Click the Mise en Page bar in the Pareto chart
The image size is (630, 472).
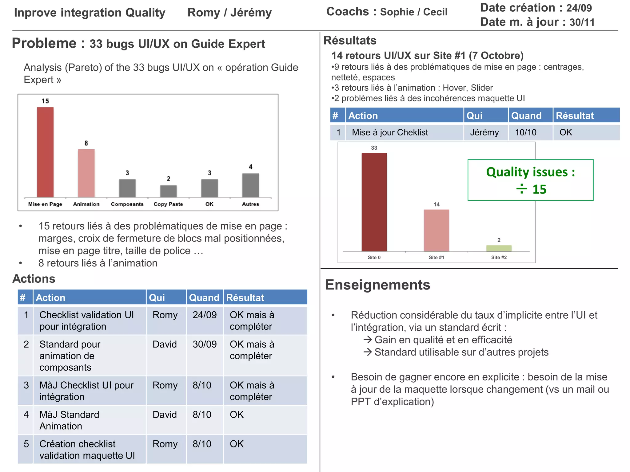45,152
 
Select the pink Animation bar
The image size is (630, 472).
86,173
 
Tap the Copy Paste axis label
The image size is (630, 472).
168,204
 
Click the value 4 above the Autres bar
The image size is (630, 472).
251,167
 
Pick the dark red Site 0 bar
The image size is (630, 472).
374,202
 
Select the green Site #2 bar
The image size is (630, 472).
499,248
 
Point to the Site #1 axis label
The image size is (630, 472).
437,258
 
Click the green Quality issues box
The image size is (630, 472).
530,180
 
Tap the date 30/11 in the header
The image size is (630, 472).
582,22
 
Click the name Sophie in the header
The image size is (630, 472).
397,12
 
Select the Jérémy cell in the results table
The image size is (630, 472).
484,132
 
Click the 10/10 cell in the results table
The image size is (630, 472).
526,132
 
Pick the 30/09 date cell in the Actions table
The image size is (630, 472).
205,344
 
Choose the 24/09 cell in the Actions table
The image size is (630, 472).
205,315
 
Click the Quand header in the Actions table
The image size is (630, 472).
204,297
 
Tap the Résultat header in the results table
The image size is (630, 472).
575,116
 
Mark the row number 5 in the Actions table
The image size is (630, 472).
26,444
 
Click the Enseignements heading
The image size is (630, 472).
377,285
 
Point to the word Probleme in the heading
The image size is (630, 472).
44,43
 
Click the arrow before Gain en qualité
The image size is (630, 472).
368,340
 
